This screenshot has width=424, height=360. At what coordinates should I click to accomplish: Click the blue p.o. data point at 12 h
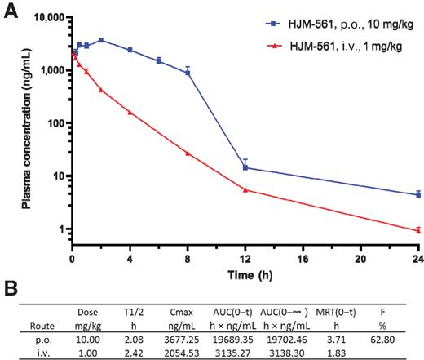tap(245, 168)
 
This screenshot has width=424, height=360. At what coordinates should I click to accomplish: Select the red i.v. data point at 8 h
tap(188, 153)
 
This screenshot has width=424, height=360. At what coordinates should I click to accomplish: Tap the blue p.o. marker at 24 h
tap(418, 194)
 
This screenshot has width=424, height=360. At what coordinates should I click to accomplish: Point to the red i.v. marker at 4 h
tap(130, 112)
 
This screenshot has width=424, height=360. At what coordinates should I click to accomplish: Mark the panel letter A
tap(11, 12)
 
